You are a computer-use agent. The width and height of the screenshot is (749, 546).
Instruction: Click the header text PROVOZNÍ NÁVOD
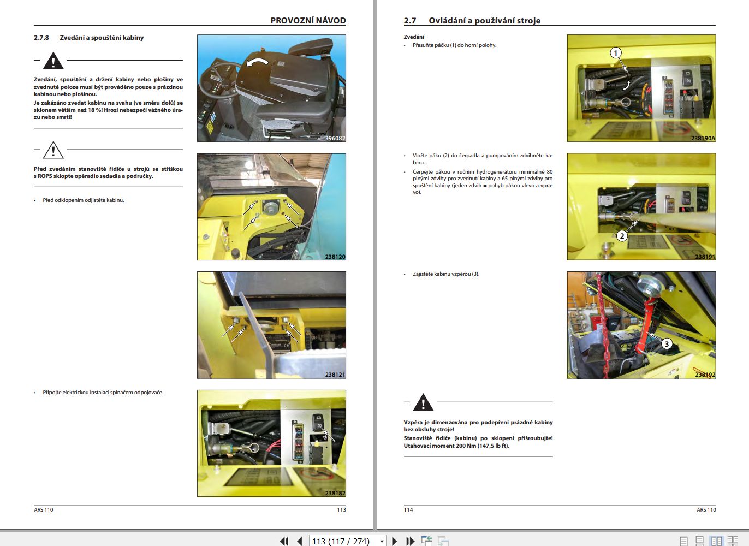click(x=308, y=20)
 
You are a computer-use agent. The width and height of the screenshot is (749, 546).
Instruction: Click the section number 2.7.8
click(x=41, y=38)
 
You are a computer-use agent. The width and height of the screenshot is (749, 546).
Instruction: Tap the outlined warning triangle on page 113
click(x=53, y=150)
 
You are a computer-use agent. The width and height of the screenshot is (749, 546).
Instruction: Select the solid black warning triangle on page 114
click(x=423, y=403)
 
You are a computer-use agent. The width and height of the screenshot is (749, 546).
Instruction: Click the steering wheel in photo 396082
click(x=218, y=81)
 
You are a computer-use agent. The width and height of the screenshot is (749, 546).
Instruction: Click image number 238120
click(x=335, y=257)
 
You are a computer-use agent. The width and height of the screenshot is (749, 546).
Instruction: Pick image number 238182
click(x=335, y=493)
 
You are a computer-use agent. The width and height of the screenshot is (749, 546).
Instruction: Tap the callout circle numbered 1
click(x=616, y=53)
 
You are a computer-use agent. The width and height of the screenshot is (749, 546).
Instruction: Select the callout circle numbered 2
click(x=622, y=236)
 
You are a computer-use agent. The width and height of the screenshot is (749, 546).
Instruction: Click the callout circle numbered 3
click(x=667, y=343)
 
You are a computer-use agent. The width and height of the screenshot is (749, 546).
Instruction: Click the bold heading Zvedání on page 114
click(x=414, y=37)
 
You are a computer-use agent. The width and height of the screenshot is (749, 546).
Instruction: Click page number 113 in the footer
click(x=341, y=509)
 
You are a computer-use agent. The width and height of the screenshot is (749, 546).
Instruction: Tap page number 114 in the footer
click(x=408, y=509)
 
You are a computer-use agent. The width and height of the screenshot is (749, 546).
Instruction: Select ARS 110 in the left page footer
click(x=44, y=509)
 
